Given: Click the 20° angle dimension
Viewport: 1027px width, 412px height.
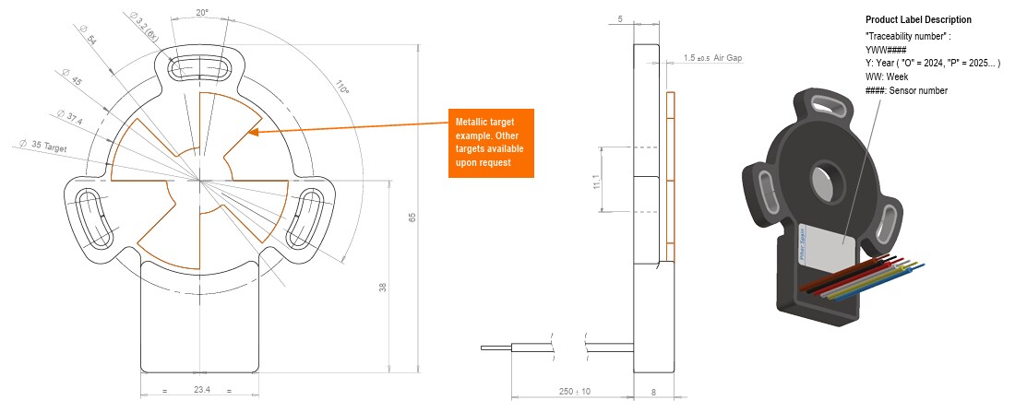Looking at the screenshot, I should click(201, 14).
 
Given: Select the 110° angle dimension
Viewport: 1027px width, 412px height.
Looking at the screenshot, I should click(344, 89).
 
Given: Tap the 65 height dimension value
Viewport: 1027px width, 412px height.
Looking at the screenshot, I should click(412, 218).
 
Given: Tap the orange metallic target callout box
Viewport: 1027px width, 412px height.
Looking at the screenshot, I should click(491, 142).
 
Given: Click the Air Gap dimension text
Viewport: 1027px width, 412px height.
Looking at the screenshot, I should click(713, 58).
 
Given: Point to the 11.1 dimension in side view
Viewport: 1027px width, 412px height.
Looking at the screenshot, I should click(597, 182).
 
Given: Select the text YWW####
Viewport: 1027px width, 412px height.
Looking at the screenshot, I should click(887, 49).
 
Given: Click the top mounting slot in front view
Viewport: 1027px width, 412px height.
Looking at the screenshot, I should click(201, 69).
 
